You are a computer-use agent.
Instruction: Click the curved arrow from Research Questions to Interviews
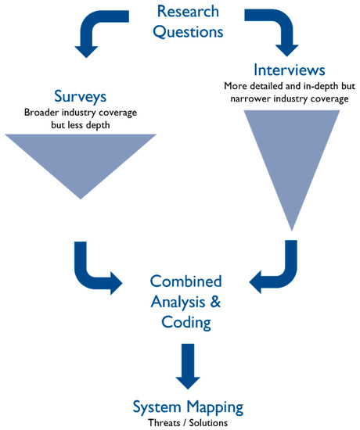279,31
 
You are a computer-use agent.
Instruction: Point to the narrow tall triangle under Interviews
292,156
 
